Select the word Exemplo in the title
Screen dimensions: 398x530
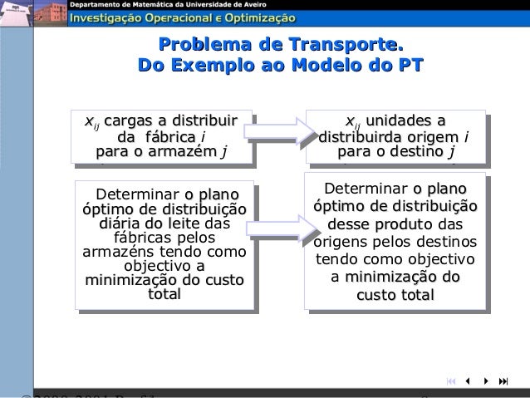tap(211, 66)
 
